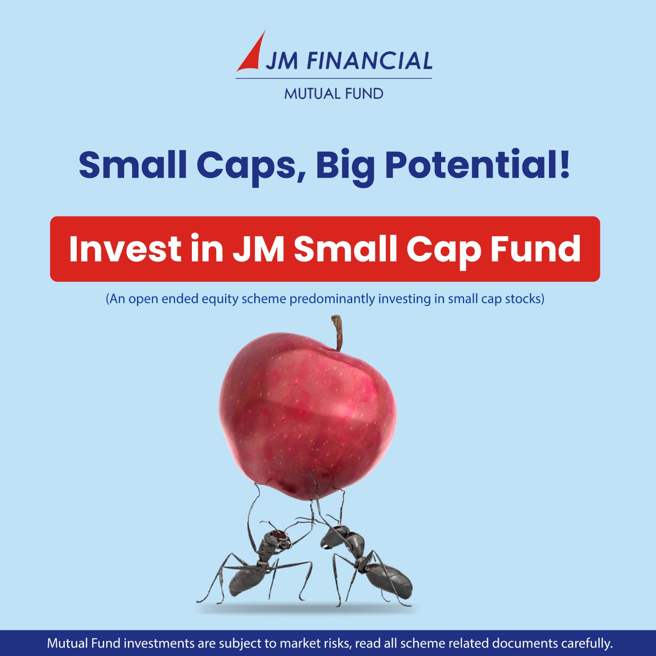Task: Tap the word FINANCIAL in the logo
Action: pos(369,61)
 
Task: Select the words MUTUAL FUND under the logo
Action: pos(334,94)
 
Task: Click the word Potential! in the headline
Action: pos(478,165)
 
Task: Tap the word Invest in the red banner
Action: pos(125,248)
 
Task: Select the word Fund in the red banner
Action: pos(536,248)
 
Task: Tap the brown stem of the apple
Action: pos(337,333)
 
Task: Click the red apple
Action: pos(307,416)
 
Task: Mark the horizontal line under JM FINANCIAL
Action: pos(334,78)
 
